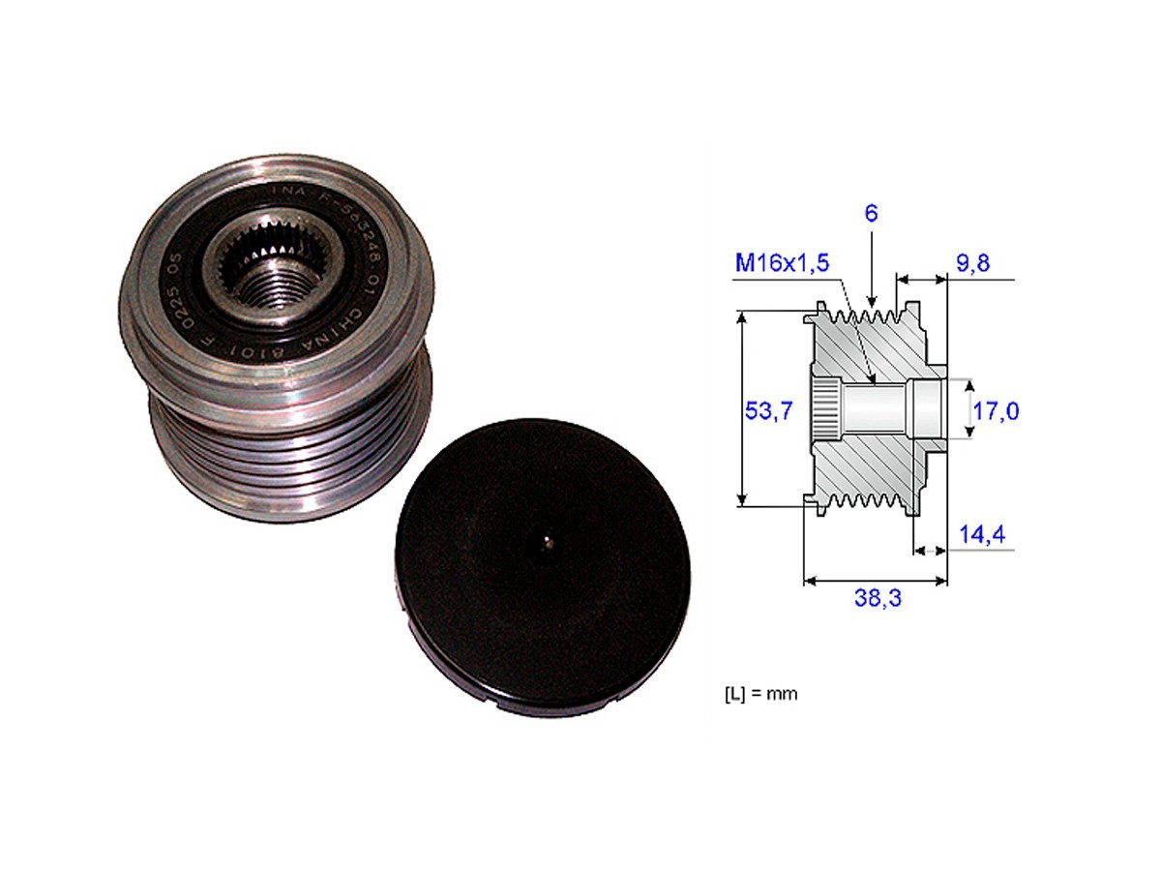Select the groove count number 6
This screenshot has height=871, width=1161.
(871, 214)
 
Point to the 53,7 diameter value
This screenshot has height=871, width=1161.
(769, 410)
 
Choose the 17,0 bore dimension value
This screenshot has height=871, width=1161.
(997, 411)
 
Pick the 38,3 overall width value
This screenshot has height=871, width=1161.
(878, 599)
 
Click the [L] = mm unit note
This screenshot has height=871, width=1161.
(760, 694)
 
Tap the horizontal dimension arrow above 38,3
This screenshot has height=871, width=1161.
(876, 581)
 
